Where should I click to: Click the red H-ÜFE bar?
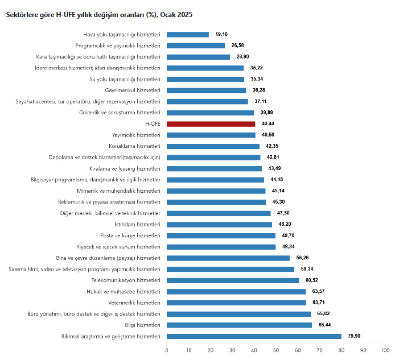point(211,124)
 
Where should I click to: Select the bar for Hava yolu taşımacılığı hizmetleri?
point(188,35)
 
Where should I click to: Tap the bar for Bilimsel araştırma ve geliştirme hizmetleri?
point(254,336)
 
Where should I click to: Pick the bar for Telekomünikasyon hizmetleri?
point(233,280)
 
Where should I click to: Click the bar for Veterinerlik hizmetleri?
point(236,303)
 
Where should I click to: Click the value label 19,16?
point(221,35)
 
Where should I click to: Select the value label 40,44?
point(268,124)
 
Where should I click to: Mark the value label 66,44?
point(324,325)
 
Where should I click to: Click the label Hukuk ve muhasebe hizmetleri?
point(122,291)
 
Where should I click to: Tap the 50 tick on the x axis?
point(276,350)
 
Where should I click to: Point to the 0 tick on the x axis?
point(167,350)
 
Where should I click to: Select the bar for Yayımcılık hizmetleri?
point(211,135)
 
